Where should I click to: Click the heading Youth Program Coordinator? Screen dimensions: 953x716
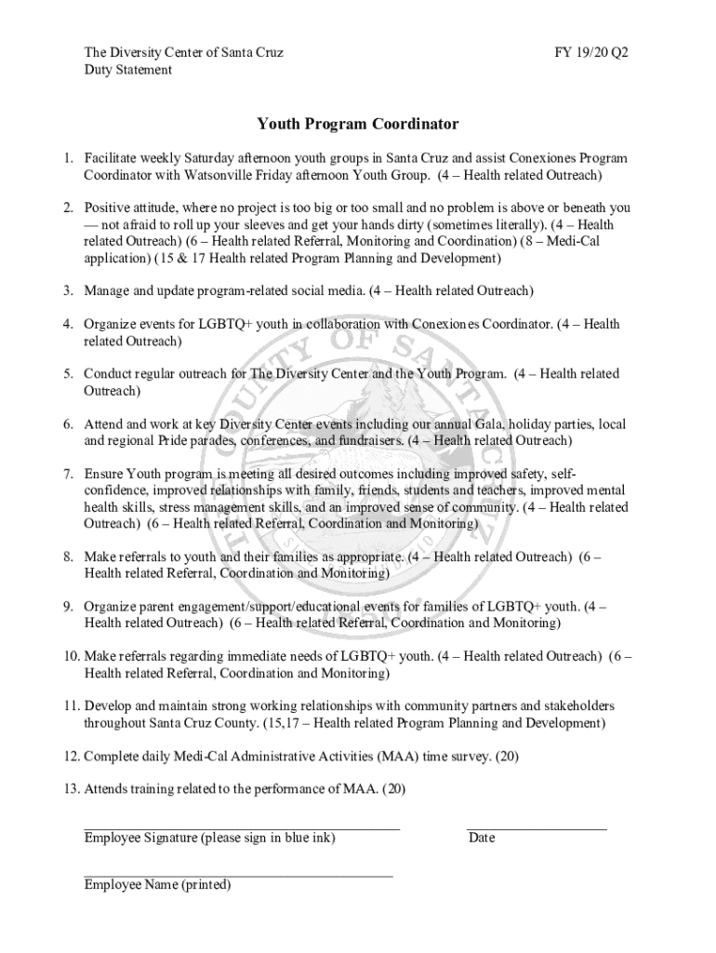(x=358, y=124)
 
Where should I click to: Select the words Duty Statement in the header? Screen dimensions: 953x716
(x=127, y=70)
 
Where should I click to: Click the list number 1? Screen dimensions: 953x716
(x=68, y=158)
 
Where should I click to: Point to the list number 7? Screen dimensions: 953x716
(x=68, y=474)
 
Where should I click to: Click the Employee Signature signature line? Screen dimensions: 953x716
(x=242, y=826)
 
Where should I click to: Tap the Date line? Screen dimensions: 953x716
(x=537, y=826)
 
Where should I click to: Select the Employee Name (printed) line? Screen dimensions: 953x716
(x=238, y=875)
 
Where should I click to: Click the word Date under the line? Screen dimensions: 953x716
(x=482, y=838)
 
